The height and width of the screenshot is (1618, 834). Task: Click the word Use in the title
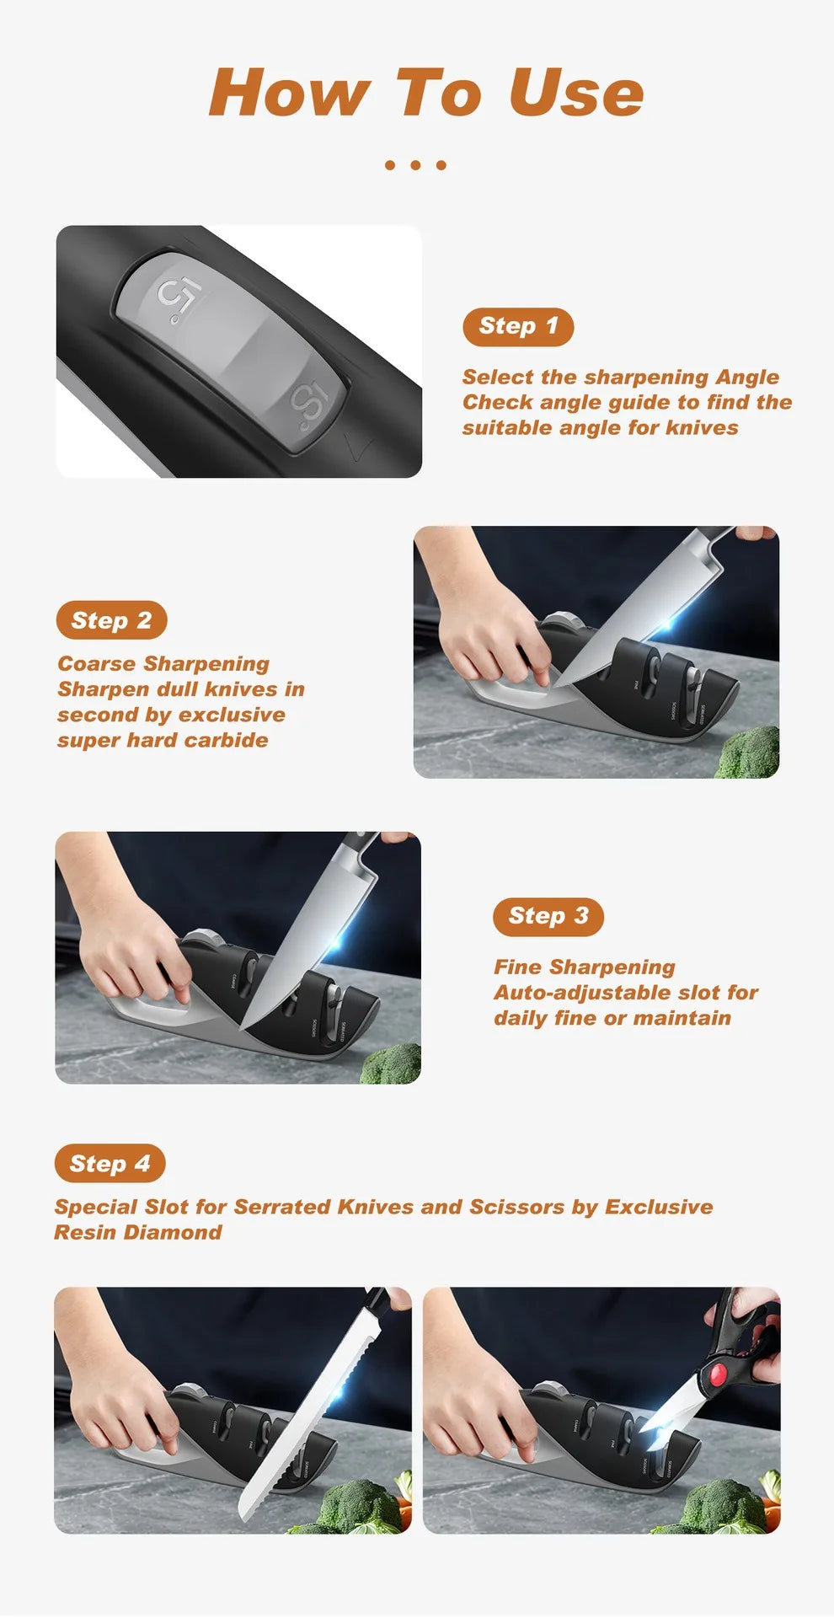[x=576, y=93]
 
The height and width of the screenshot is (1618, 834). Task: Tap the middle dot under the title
[x=415, y=165]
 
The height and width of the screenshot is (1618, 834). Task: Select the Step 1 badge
[x=518, y=326]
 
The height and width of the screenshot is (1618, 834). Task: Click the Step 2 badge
[x=111, y=620]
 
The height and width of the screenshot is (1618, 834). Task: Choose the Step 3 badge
[x=548, y=916]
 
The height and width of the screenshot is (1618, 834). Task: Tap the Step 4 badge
[x=110, y=1164]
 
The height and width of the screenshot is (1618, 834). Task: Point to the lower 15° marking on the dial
[x=308, y=405]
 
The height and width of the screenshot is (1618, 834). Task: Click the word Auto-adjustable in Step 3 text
[x=578, y=993]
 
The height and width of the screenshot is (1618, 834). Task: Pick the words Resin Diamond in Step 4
[x=138, y=1232]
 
